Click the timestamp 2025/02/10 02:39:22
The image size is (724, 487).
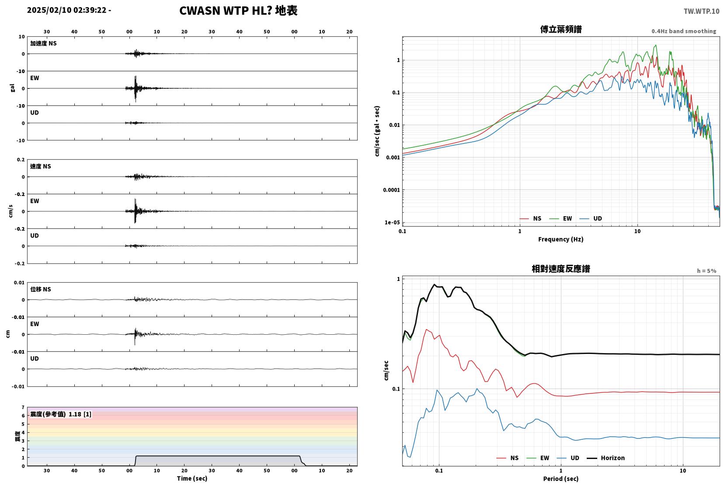pyautogui.click(x=66, y=10)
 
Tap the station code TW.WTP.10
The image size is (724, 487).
pyautogui.click(x=701, y=11)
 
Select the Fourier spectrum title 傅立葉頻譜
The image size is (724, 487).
pyautogui.click(x=561, y=29)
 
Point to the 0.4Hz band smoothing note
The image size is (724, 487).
pyautogui.click(x=684, y=32)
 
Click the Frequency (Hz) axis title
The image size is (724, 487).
pyautogui.click(x=561, y=239)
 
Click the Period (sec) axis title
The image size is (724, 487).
pyautogui.click(x=561, y=479)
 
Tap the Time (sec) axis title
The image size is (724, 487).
pyautogui.click(x=192, y=478)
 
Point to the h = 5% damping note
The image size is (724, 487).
pyautogui.click(x=707, y=271)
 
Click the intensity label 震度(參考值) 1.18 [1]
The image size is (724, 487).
pyautogui.click(x=61, y=414)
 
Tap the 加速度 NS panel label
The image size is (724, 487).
pyautogui.click(x=43, y=43)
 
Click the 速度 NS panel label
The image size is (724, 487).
pyautogui.click(x=40, y=166)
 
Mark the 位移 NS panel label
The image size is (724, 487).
pyautogui.click(x=40, y=289)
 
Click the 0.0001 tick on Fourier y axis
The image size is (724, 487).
pyautogui.click(x=391, y=190)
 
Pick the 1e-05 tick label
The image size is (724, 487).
pyautogui.click(x=392, y=222)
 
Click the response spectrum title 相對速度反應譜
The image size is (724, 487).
pyautogui.click(x=561, y=269)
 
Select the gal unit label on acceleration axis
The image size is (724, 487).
pyautogui.click(x=12, y=88)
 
